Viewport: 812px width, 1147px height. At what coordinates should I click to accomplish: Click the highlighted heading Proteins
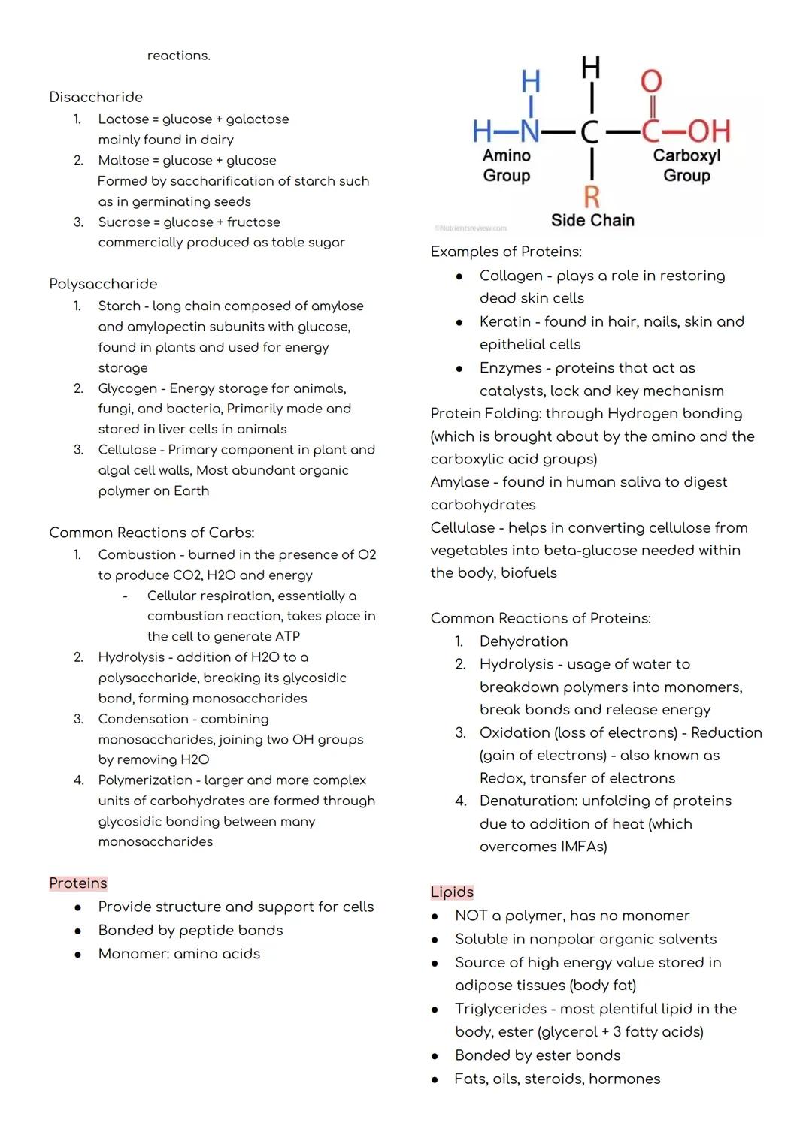(x=78, y=883)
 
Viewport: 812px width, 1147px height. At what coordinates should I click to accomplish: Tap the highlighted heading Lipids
(x=452, y=892)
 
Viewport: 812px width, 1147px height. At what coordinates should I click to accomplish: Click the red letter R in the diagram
(x=592, y=197)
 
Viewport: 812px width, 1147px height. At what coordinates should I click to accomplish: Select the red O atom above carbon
(x=650, y=81)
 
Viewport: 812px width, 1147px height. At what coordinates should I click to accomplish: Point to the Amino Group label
(x=506, y=165)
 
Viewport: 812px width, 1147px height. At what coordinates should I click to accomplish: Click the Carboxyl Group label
(x=686, y=165)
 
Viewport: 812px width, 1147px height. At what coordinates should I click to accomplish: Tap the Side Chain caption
(x=592, y=220)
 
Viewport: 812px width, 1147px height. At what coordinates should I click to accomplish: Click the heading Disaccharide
(x=95, y=97)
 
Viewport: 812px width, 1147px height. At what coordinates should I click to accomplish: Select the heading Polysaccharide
(x=103, y=284)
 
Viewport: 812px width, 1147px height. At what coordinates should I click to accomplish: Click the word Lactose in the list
(x=123, y=119)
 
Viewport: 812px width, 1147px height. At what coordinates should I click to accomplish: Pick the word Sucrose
(x=124, y=222)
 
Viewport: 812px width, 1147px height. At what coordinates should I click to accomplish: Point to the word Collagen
(x=511, y=276)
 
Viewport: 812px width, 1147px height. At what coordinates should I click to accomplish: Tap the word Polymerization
(x=145, y=780)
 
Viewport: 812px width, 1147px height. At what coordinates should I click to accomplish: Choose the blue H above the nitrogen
(x=531, y=81)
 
